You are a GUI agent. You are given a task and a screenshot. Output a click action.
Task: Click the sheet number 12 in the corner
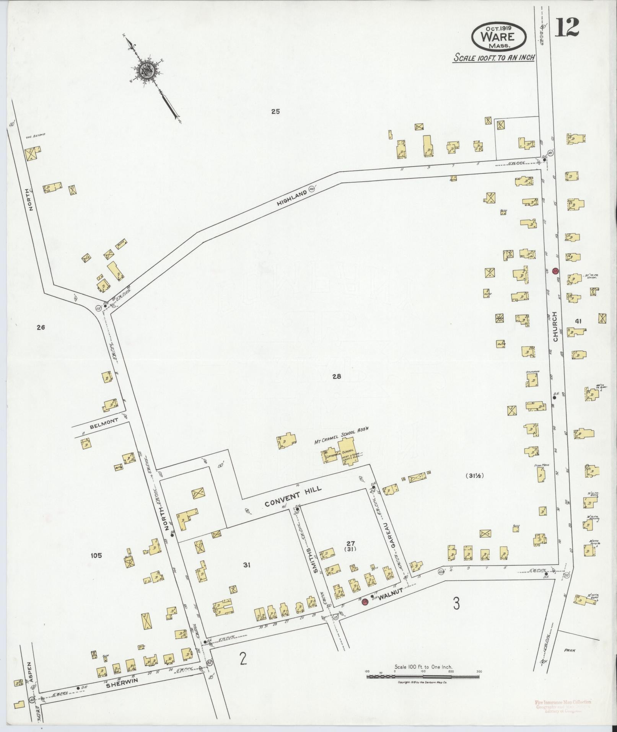(x=567, y=27)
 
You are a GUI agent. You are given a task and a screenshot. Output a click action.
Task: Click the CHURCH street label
(x=555, y=325)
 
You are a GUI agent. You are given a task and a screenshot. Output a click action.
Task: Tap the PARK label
(x=570, y=650)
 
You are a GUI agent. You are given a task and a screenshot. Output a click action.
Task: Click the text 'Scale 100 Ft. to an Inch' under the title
(x=493, y=57)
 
